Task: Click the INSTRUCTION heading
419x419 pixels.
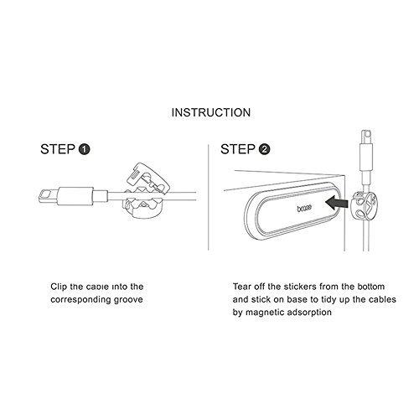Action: point(211,112)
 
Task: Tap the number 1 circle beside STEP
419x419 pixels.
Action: point(84,149)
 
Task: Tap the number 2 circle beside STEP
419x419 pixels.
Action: point(264,149)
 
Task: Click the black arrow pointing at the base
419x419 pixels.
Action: point(337,202)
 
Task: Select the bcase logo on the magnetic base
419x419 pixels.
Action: point(304,208)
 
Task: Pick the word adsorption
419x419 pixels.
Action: point(309,313)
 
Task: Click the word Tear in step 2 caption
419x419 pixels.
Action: point(242,287)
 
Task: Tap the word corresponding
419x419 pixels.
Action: point(81,300)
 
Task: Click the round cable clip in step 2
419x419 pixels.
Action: point(363,206)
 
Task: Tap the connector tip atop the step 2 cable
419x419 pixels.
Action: point(366,137)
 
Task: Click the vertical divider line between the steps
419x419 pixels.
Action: point(209,197)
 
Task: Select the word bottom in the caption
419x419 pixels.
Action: point(370,287)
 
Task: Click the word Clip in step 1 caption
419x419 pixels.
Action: point(59,287)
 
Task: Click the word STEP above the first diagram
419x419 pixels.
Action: point(58,149)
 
